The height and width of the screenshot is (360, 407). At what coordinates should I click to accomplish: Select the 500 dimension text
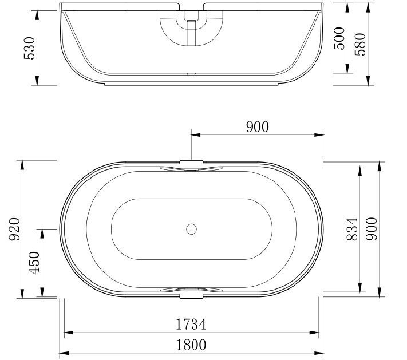[x=340, y=38]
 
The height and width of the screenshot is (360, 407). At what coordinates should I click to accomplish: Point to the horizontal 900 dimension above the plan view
[x=257, y=127]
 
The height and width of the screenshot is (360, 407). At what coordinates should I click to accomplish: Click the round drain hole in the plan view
[x=191, y=230]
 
